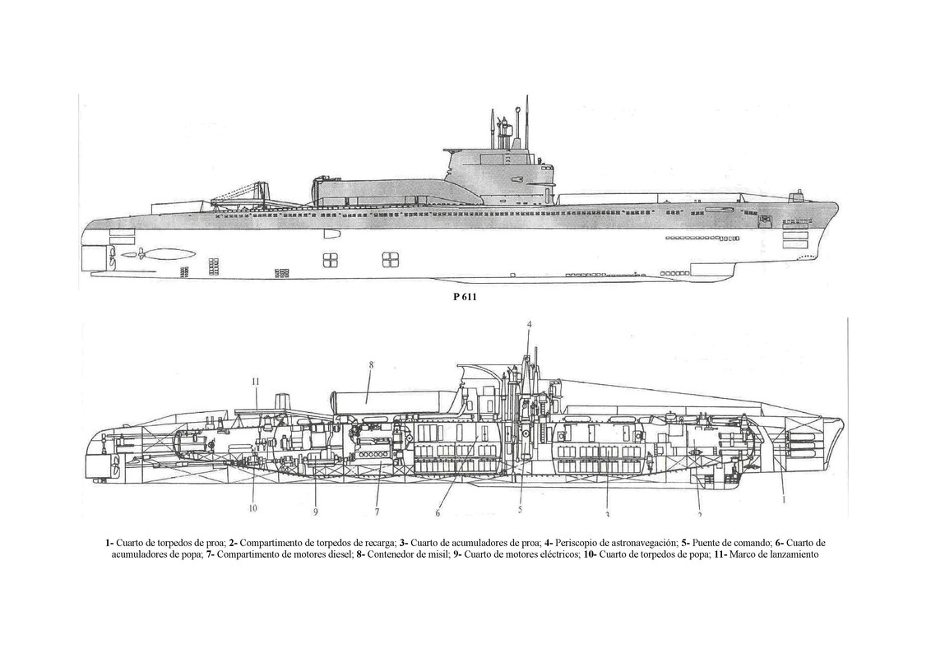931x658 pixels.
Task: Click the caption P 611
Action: [465, 299]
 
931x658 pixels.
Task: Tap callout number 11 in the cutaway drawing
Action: [256, 381]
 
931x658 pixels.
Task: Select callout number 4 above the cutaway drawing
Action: [529, 324]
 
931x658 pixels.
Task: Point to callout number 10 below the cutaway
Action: [252, 507]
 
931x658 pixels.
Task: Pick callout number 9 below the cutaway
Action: [314, 512]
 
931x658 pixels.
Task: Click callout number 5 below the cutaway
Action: [520, 509]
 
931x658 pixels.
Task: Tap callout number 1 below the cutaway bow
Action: [784, 498]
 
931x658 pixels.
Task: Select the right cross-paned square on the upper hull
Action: [389, 260]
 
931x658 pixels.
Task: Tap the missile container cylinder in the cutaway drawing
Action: [387, 400]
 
